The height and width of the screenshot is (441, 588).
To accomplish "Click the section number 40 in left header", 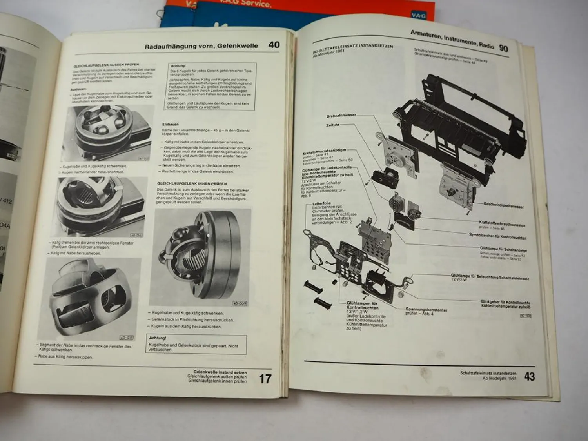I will click(274, 45).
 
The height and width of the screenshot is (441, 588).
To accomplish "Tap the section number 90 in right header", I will click(503, 48).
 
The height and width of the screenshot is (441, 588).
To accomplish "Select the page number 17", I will click(265, 379).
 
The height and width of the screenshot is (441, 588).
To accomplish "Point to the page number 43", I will click(529, 377).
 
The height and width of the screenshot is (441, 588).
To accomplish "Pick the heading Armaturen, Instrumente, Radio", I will click(452, 40).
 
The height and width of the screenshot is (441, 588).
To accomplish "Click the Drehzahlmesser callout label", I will click(341, 116).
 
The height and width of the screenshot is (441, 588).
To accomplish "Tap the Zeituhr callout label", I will click(333, 125).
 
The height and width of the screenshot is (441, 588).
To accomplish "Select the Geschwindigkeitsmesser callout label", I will click(503, 205).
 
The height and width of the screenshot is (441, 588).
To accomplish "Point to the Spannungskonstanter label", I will click(426, 310).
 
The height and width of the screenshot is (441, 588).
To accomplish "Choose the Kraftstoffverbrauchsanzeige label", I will click(502, 223).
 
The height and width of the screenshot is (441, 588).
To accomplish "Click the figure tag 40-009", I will click(240, 303).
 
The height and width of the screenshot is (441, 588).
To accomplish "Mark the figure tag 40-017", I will click(127, 338).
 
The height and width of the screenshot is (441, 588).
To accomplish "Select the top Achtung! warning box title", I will click(178, 66).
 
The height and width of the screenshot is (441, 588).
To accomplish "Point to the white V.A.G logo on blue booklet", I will click(418, 16).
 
